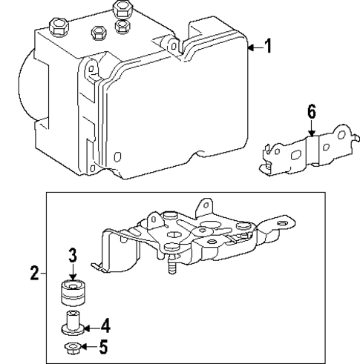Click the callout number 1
click(x=269, y=47)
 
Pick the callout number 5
click(x=105, y=345)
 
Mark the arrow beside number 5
click(x=87, y=346)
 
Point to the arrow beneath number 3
click(x=73, y=272)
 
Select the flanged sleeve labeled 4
click(x=72, y=323)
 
